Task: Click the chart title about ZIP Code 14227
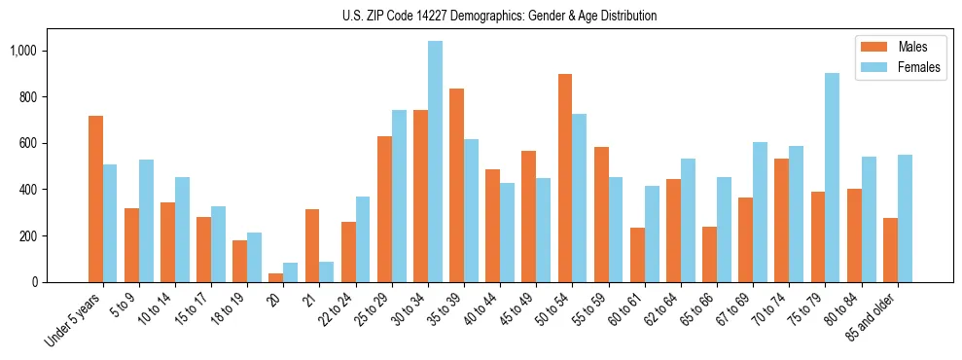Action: (x=499, y=16)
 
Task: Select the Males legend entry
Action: (x=911, y=47)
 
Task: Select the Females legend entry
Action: (x=918, y=67)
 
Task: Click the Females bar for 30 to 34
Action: (x=435, y=162)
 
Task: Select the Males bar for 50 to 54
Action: (x=565, y=178)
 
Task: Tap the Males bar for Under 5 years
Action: (x=95, y=199)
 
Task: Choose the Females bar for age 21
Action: (x=327, y=271)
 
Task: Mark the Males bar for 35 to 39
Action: (x=456, y=186)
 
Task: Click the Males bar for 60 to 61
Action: (x=637, y=255)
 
